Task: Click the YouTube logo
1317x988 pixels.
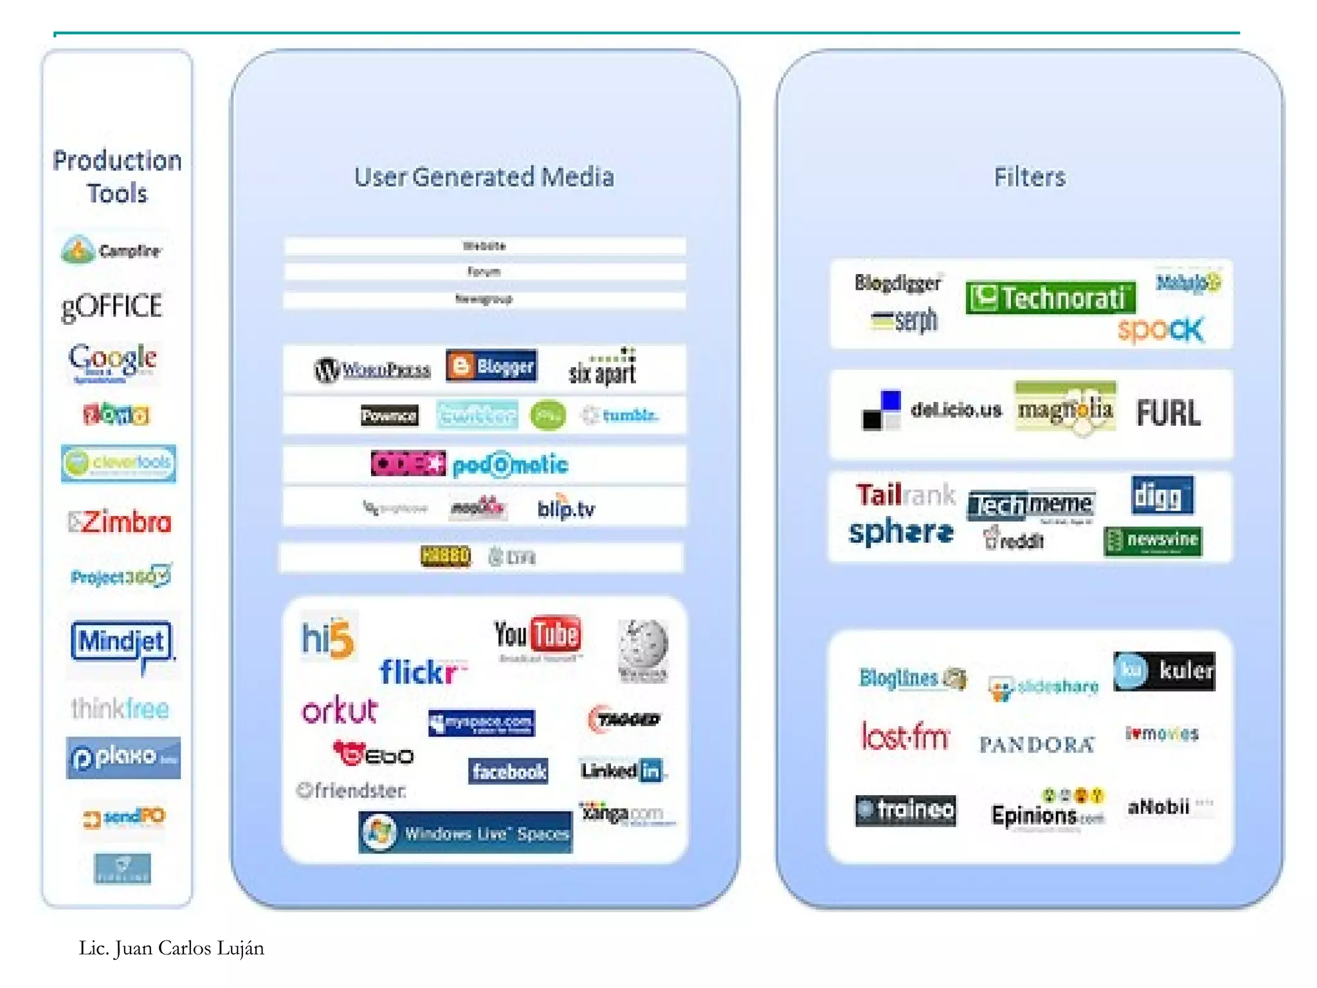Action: (x=538, y=636)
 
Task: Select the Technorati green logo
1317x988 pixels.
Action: (x=1049, y=298)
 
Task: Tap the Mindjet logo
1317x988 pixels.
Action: (x=122, y=642)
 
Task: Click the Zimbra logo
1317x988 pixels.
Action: (x=121, y=522)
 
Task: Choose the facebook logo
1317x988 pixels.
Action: (x=508, y=771)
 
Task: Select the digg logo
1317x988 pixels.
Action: (x=1161, y=496)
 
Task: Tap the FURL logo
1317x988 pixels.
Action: (x=1168, y=413)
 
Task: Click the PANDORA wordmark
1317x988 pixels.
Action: (x=1036, y=745)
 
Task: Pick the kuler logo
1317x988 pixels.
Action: (x=1164, y=671)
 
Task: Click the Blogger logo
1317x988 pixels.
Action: (x=492, y=366)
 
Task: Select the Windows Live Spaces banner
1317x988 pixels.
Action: (x=466, y=833)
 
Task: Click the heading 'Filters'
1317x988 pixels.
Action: (x=1030, y=177)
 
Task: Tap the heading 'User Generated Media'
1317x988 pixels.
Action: (x=484, y=177)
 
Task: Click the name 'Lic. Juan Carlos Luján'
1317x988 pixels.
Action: (x=171, y=948)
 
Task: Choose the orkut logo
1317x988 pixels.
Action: (x=340, y=710)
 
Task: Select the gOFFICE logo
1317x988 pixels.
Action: (x=111, y=307)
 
